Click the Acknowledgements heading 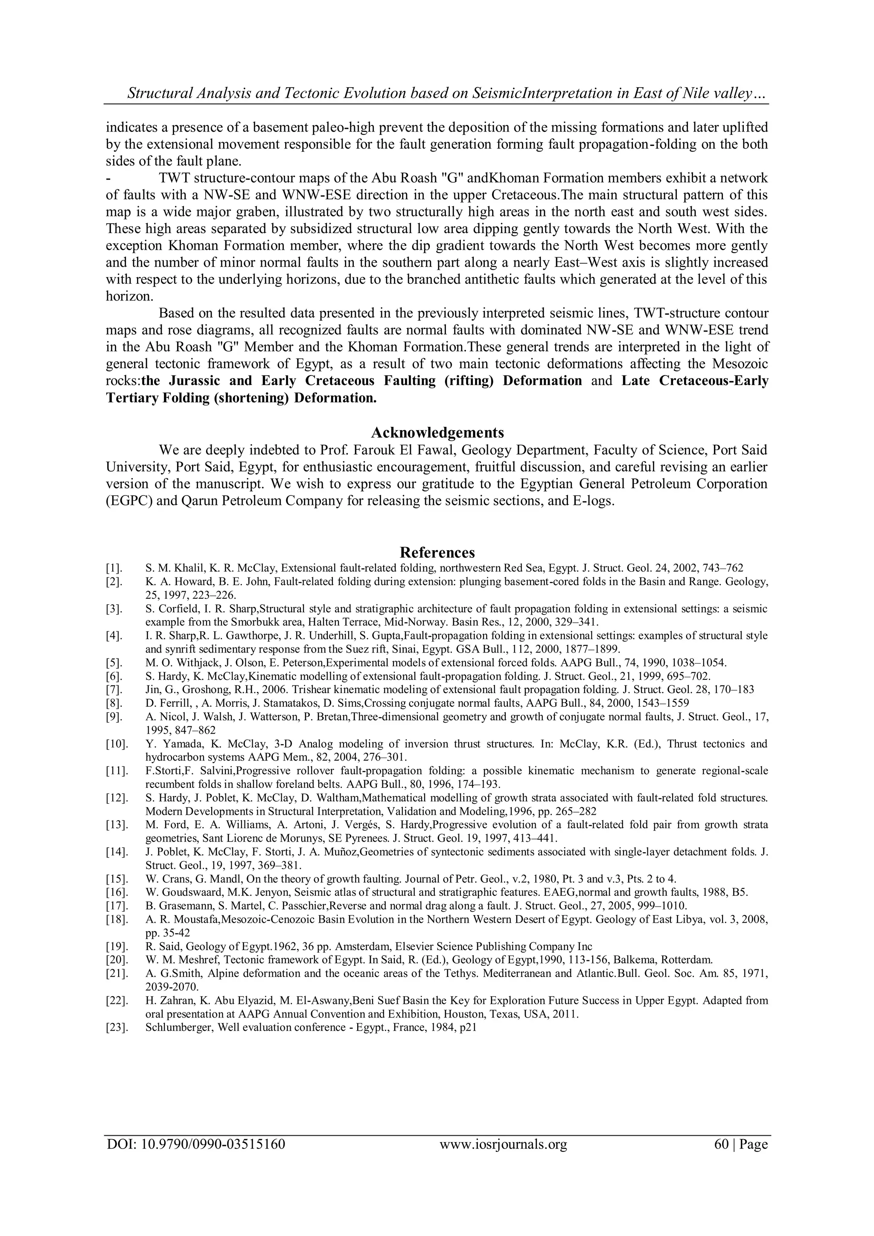pos(437,433)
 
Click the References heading pos(437,552)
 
